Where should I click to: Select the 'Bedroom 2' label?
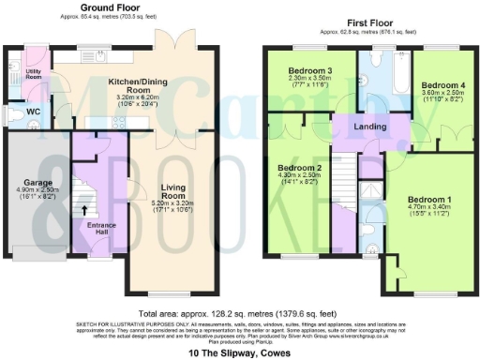click(x=297, y=168)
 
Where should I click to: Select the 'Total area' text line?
click(x=238, y=313)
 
